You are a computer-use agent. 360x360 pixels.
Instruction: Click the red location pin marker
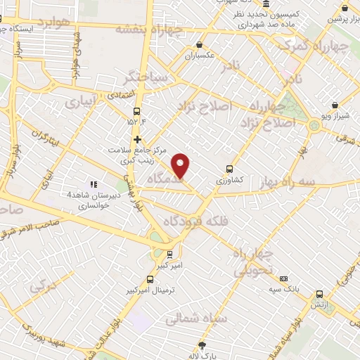pos(181,165)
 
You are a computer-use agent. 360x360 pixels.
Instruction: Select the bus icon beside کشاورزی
pos(229,169)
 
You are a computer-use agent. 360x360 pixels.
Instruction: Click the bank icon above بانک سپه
pos(283,278)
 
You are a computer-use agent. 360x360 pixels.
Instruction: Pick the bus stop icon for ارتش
pos(320,295)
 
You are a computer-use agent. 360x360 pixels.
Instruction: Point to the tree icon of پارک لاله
pos(202,345)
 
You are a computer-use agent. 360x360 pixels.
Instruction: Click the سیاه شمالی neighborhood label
pos(195,319)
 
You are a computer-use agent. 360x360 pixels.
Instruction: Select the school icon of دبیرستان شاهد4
pos(93,184)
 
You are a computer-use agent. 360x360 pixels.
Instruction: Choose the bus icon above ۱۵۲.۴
pos(136,110)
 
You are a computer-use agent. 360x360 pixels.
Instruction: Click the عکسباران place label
pos(197,55)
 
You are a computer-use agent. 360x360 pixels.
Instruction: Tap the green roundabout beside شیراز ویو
pos(313,125)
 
